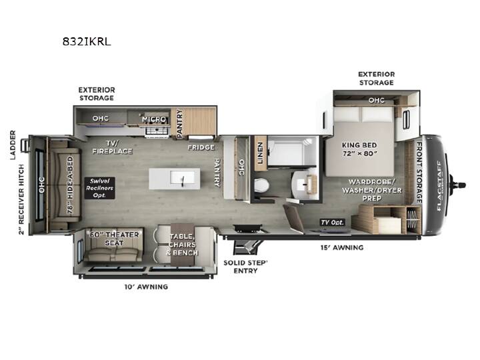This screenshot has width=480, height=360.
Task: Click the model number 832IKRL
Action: pyautogui.click(x=87, y=41)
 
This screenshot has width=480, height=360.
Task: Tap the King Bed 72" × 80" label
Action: pyautogui.click(x=359, y=149)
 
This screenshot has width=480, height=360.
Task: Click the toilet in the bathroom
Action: pyautogui.click(x=261, y=185)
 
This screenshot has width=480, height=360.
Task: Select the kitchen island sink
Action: pyautogui.click(x=183, y=177)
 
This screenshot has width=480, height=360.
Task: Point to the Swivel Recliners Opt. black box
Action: pyautogui.click(x=100, y=188)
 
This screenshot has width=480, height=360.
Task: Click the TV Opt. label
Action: pyautogui.click(x=332, y=222)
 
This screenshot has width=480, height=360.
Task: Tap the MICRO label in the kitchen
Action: pyautogui.click(x=154, y=119)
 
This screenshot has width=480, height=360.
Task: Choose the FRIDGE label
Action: pyautogui.click(x=201, y=147)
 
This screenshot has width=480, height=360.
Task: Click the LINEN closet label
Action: pyautogui.click(x=260, y=153)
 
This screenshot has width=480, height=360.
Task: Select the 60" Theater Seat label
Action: pyautogui.click(x=114, y=239)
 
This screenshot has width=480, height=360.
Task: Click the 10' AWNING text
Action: pyautogui.click(x=146, y=287)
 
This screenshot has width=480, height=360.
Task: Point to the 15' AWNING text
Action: pyautogui.click(x=342, y=247)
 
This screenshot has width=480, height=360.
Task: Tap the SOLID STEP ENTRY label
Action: pyautogui.click(x=245, y=267)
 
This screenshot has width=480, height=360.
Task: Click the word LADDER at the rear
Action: pyautogui.click(x=13, y=145)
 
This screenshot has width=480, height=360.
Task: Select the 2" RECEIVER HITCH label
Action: pyautogui.click(x=21, y=199)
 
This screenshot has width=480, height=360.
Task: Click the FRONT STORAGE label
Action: pyautogui.click(x=419, y=173)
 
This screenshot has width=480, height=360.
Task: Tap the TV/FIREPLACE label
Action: pyautogui.click(x=112, y=147)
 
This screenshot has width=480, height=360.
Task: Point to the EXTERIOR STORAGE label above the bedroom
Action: pyautogui.click(x=377, y=79)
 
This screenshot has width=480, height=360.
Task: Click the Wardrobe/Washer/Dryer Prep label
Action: pyautogui.click(x=371, y=190)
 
